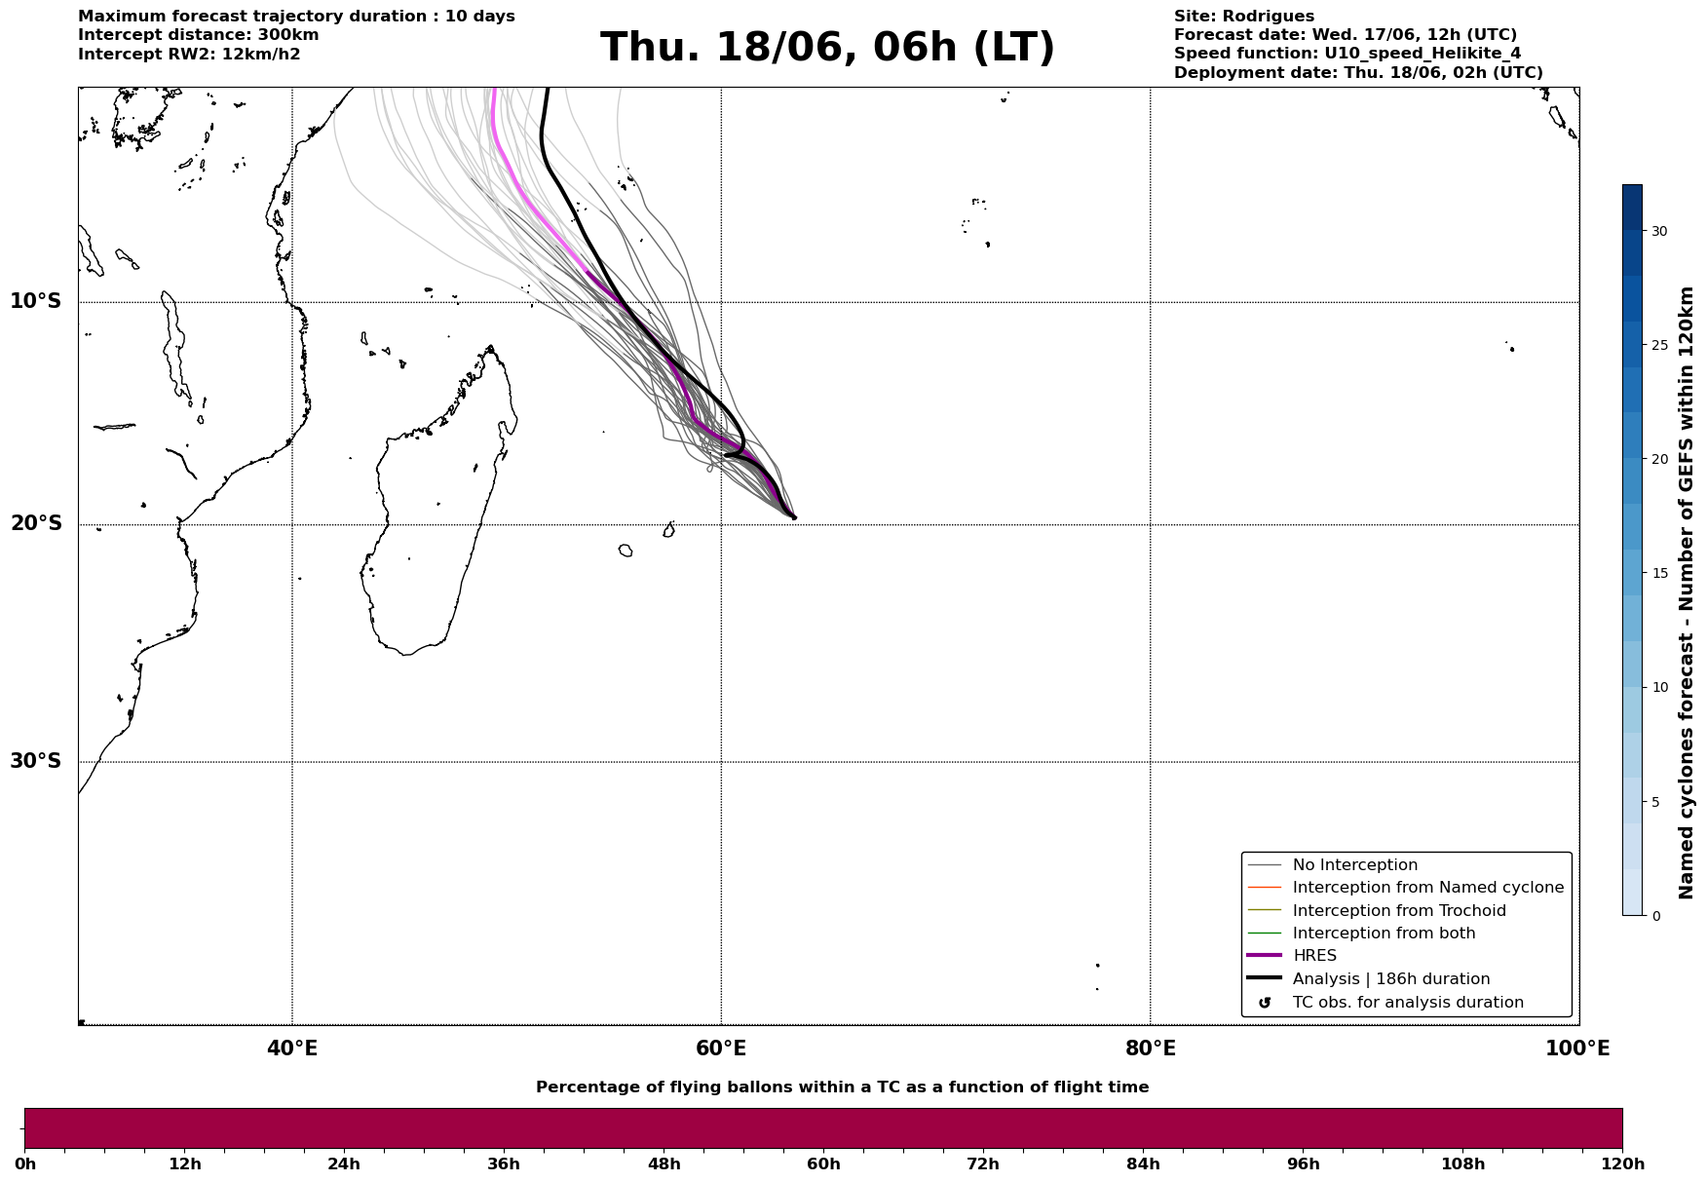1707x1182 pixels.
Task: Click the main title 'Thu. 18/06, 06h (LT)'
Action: [x=827, y=48]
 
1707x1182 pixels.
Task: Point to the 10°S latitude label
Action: [x=36, y=301]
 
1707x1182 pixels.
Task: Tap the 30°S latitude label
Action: [x=36, y=761]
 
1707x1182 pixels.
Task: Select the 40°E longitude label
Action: [x=292, y=1049]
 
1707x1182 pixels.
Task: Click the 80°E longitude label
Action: [x=1151, y=1049]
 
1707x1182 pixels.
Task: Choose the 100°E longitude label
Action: [x=1577, y=1049]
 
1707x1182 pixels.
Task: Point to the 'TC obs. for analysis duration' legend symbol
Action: [x=1265, y=1003]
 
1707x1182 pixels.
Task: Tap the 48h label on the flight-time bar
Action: [x=664, y=1163]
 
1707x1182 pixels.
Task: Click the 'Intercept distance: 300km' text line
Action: [x=199, y=35]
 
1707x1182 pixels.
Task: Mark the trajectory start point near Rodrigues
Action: [x=794, y=517]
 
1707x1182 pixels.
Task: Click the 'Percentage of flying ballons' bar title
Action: [x=842, y=1087]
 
